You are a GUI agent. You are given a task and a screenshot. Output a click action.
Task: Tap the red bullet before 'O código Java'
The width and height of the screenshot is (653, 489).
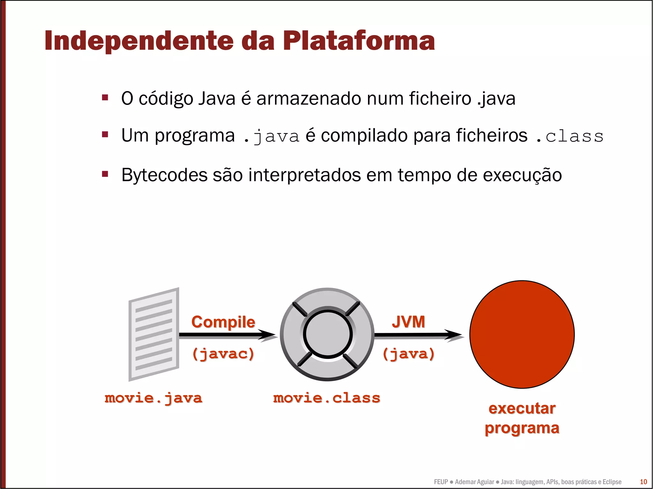pos(105,97)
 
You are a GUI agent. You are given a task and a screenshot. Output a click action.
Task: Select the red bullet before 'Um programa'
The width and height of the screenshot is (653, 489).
pos(105,134)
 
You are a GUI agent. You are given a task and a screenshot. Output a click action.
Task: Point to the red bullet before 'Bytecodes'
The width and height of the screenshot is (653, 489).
pos(105,174)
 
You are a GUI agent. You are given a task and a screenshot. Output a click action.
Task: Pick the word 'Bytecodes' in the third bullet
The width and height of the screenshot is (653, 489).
pos(164,175)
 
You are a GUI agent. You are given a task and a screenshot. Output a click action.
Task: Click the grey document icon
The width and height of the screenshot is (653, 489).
pos(154,334)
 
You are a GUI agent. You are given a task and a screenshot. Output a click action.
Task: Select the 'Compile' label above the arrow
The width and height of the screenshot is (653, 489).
pos(223,322)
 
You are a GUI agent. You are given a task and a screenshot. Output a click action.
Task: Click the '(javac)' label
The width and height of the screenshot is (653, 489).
pos(223,354)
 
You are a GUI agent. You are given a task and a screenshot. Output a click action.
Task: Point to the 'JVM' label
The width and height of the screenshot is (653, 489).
pos(408,322)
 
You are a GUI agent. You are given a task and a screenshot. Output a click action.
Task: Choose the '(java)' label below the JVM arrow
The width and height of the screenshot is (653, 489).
pos(408,354)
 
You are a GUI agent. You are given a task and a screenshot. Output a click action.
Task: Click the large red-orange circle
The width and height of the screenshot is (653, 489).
pos(522,334)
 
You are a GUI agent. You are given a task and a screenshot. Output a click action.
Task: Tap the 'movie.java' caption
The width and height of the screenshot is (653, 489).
pos(153,398)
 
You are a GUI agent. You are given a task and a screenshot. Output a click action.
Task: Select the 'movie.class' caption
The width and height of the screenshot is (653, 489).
pos(327,398)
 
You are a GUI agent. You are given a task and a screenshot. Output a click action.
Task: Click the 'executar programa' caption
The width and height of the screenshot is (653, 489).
pos(522,418)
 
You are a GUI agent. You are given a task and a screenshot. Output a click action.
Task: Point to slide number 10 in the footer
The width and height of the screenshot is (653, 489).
pos(643,482)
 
